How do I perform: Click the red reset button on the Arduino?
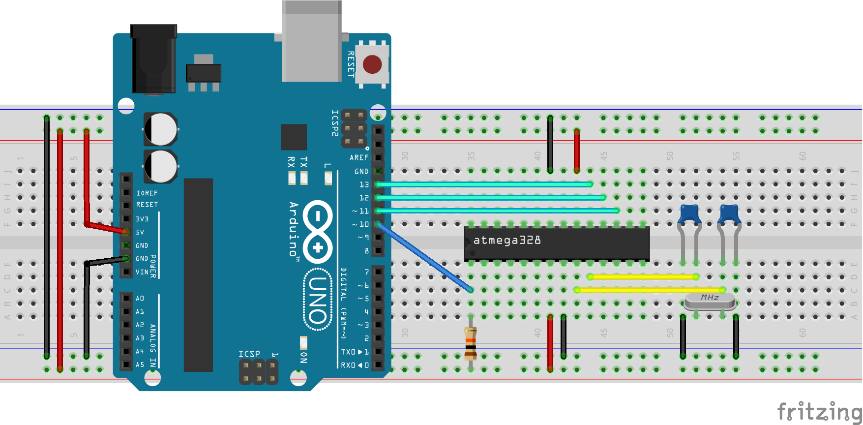pyautogui.click(x=372, y=64)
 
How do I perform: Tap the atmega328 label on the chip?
pyautogui.click(x=507, y=241)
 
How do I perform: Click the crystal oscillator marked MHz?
pyautogui.click(x=710, y=301)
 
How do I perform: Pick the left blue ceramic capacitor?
pyautogui.click(x=689, y=214)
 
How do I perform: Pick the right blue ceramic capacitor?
pyautogui.click(x=729, y=214)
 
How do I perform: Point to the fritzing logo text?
pyautogui.click(x=819, y=411)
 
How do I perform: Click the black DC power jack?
pyautogui.click(x=153, y=59)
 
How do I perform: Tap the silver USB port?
pyautogui.click(x=311, y=42)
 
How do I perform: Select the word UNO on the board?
pyautogui.click(x=318, y=300)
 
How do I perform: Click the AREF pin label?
pyautogui.click(x=359, y=157)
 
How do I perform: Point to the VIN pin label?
pyautogui.click(x=142, y=272)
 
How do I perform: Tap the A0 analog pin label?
pyautogui.click(x=140, y=298)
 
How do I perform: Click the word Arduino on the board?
pyautogui.click(x=294, y=229)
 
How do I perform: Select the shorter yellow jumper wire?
pyautogui.click(x=643, y=277)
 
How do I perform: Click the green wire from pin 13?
pyautogui.click(x=484, y=184)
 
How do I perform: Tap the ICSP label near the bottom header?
pyautogui.click(x=249, y=354)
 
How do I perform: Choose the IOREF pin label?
pyautogui.click(x=147, y=193)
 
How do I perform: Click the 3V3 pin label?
pyautogui.click(x=142, y=219)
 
